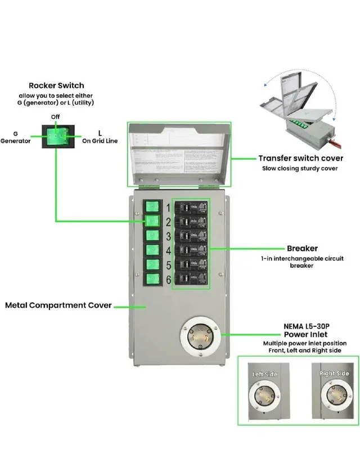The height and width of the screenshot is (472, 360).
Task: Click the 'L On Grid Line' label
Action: pos(100,137)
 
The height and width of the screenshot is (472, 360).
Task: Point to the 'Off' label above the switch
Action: pos(56,116)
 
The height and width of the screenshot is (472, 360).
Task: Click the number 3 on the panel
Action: pos(168,236)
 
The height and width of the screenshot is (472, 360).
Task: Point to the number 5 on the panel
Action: pos(168,265)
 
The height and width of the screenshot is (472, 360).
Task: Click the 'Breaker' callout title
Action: pos(302,248)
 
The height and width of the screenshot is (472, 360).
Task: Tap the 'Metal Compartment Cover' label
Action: pos(58,305)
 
